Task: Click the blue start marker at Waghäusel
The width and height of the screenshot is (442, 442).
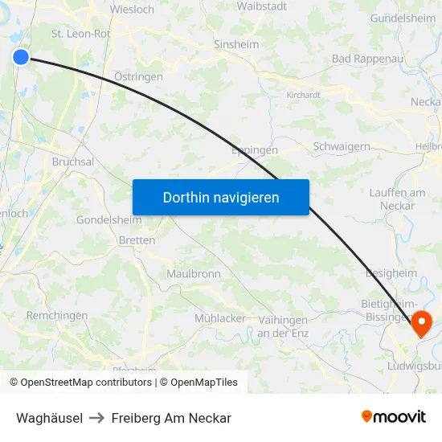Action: click(21, 56)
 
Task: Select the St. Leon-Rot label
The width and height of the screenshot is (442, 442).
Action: click(80, 34)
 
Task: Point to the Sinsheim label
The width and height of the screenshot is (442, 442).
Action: click(236, 45)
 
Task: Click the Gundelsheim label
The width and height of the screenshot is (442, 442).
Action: click(403, 18)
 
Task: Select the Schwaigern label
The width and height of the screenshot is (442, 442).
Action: click(342, 146)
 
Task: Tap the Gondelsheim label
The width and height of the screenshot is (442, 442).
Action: click(108, 220)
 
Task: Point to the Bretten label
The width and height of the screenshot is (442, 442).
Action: click(137, 240)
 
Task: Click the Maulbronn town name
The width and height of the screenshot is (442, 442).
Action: click(194, 274)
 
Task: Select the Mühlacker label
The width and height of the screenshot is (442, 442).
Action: click(220, 318)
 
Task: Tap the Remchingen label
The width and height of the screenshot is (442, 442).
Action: click(57, 316)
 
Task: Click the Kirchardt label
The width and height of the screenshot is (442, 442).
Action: click(304, 95)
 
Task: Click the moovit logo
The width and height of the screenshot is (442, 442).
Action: click(394, 417)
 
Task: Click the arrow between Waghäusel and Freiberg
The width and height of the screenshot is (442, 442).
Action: click(97, 418)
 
